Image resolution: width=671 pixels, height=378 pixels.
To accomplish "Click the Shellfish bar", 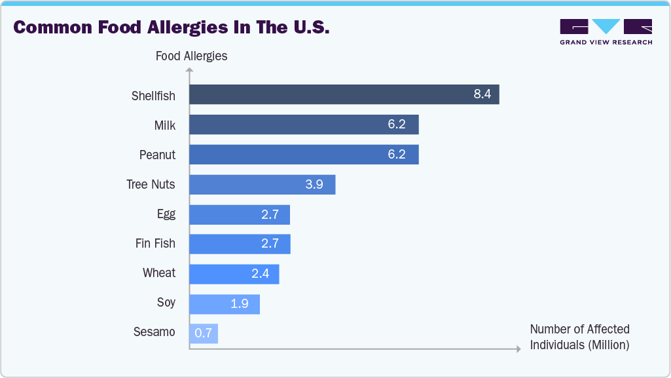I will pyautogui.click(x=344, y=94).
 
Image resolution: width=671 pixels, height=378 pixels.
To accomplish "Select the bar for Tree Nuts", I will pyautogui.click(x=262, y=185).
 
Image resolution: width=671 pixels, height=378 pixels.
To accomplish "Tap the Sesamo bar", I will pyautogui.click(x=204, y=333).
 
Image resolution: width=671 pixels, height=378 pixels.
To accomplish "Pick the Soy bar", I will pyautogui.click(x=225, y=304).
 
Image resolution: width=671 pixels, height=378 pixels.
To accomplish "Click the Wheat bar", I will pyautogui.click(x=234, y=274).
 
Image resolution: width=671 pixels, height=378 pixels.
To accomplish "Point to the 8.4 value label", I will pyautogui.click(x=482, y=94).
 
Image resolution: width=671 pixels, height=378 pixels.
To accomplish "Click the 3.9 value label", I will pyautogui.click(x=314, y=185).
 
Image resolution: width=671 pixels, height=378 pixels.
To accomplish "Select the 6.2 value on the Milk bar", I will pyautogui.click(x=397, y=124).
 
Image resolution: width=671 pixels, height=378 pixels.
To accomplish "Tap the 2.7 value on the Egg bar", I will pyautogui.click(x=270, y=214).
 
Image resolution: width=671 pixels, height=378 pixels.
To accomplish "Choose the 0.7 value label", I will pyautogui.click(x=203, y=333).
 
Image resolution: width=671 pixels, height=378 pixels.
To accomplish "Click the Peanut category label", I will pyautogui.click(x=157, y=155).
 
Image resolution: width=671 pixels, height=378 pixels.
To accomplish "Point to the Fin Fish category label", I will pyautogui.click(x=155, y=244).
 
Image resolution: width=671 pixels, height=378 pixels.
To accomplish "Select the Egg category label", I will pyautogui.click(x=166, y=214).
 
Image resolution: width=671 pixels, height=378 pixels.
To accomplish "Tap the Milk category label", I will pyautogui.click(x=164, y=125).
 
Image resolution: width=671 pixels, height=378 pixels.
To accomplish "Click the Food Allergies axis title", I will pyautogui.click(x=191, y=56).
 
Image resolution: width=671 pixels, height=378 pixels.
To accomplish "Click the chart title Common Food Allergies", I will pyautogui.click(x=171, y=28).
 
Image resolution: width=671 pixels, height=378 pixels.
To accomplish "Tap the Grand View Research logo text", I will pyautogui.click(x=606, y=43).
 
